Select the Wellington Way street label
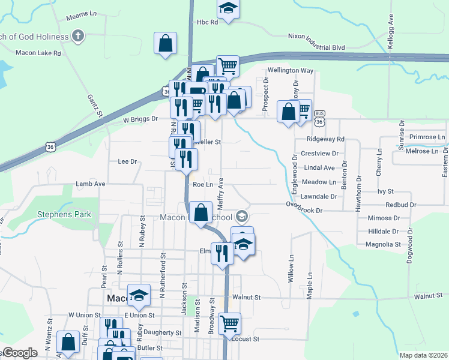[x=291, y=70]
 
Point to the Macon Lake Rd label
[x=40, y=53]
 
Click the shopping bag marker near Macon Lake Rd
[x=165, y=44]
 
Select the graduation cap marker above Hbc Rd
[x=228, y=9]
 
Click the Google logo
[x=20, y=353]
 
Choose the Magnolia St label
[x=382, y=244]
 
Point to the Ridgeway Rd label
[x=325, y=139]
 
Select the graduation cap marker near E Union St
[x=139, y=295]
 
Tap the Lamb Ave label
[x=91, y=184]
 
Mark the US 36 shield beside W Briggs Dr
[x=52, y=146]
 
